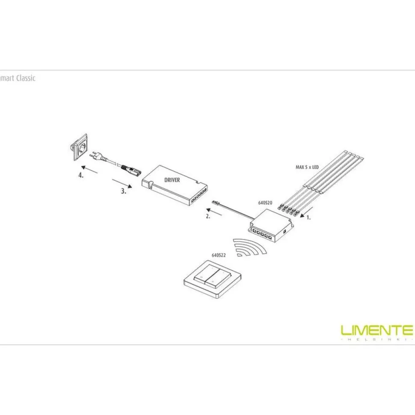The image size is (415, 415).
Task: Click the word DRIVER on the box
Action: click(172, 180)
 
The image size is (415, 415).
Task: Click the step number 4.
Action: click(81, 175)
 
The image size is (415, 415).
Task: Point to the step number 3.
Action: click(124, 191)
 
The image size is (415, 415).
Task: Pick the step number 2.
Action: click(208, 216)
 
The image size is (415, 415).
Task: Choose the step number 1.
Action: click(308, 218)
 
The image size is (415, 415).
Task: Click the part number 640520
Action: click(265, 203)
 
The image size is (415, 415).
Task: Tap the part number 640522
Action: click(219, 255)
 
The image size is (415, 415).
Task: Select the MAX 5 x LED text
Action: click(307, 167)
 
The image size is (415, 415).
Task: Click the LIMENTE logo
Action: click(377, 332)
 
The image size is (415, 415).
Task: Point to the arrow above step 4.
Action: click(89, 169)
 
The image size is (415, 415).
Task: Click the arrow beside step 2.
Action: click(214, 212)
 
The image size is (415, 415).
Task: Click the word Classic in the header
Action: click(26, 78)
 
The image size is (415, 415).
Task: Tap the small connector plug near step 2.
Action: click(216, 203)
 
